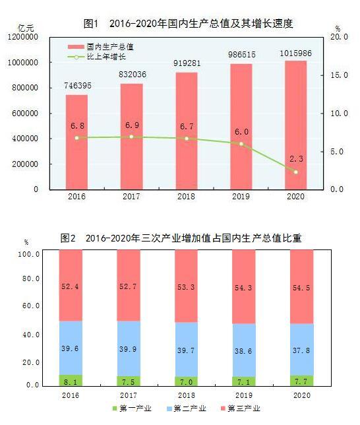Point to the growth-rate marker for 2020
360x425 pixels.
296,172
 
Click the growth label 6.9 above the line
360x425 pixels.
131,124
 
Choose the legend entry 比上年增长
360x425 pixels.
107,57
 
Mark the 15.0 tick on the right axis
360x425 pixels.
339,76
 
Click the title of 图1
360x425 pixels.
188,23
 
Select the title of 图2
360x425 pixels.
181,238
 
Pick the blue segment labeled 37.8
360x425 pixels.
302,349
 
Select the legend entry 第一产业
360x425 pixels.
134,410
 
